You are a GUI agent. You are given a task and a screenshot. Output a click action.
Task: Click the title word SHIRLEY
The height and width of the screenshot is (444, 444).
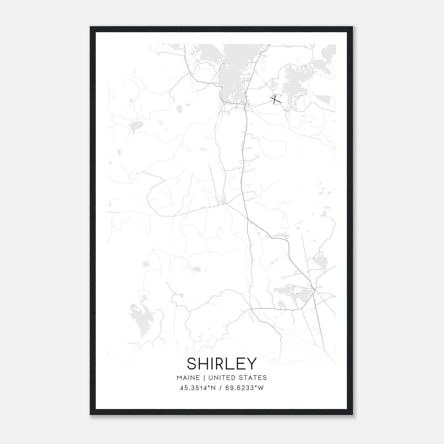(x=222, y=364)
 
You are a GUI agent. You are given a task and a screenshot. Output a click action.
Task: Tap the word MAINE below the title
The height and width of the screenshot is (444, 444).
(x=188, y=378)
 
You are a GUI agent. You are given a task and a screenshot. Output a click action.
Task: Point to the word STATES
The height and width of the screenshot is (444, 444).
(x=255, y=378)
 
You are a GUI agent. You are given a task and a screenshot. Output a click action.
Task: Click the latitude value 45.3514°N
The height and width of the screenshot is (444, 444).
(x=198, y=388)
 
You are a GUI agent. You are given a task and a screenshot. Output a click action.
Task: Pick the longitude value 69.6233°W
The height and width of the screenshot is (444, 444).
(x=244, y=388)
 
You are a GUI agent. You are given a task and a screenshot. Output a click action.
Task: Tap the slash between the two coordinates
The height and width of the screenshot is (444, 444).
(x=220, y=388)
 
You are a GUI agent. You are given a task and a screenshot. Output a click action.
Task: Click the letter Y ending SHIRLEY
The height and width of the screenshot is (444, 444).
(x=251, y=364)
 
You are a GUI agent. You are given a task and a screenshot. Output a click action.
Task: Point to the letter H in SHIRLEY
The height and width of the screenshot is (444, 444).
(x=205, y=364)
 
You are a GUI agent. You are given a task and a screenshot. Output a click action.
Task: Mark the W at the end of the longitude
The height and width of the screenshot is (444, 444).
(x=261, y=388)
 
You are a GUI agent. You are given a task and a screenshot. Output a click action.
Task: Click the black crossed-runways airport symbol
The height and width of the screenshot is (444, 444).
(x=275, y=99)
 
